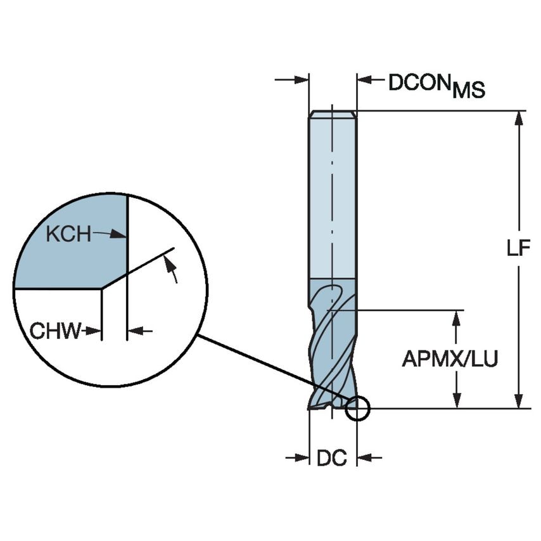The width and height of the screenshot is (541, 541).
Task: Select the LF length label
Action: click(x=518, y=249)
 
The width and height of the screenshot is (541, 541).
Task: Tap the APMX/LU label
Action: click(x=450, y=359)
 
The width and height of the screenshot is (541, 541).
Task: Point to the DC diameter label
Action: click(x=331, y=458)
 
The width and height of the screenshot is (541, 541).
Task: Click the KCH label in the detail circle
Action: click(x=68, y=234)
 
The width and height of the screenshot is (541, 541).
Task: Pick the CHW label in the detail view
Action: click(x=56, y=330)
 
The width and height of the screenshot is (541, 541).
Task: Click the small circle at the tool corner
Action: click(x=357, y=409)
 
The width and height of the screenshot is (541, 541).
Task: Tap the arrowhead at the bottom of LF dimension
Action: click(x=519, y=400)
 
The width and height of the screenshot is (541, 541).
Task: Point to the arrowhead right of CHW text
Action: click(x=135, y=330)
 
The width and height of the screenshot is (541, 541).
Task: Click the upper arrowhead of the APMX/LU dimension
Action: click(x=455, y=317)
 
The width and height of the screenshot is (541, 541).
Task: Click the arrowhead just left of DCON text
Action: click(x=364, y=80)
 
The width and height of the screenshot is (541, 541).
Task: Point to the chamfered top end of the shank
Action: click(x=332, y=114)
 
